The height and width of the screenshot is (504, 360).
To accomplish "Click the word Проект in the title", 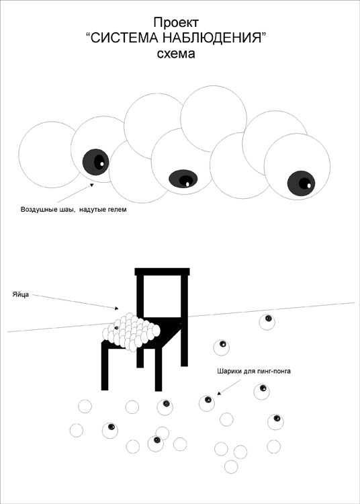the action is coord(176,23).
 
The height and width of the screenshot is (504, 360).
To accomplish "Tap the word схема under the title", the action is coord(176,53).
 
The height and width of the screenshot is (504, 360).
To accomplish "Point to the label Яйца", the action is coord(21,294).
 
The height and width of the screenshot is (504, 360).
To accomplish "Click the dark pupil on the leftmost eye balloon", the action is coord(95,162).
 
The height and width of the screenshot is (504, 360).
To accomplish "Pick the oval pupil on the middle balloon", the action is coord(183,179).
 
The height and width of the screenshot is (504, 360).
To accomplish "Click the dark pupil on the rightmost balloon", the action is coord(301,183).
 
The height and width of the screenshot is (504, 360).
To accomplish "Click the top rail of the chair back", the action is coord(162,272).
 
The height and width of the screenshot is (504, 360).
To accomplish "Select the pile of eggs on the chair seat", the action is coord(131,332).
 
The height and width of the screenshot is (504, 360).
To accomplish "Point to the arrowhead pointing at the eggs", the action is coord(117,308).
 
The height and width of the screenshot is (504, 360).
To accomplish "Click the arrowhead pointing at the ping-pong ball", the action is coord(219,393).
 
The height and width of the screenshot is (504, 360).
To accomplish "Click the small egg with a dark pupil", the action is coord(116,327).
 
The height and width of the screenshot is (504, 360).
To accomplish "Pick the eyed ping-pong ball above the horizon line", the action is coord(267,322).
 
